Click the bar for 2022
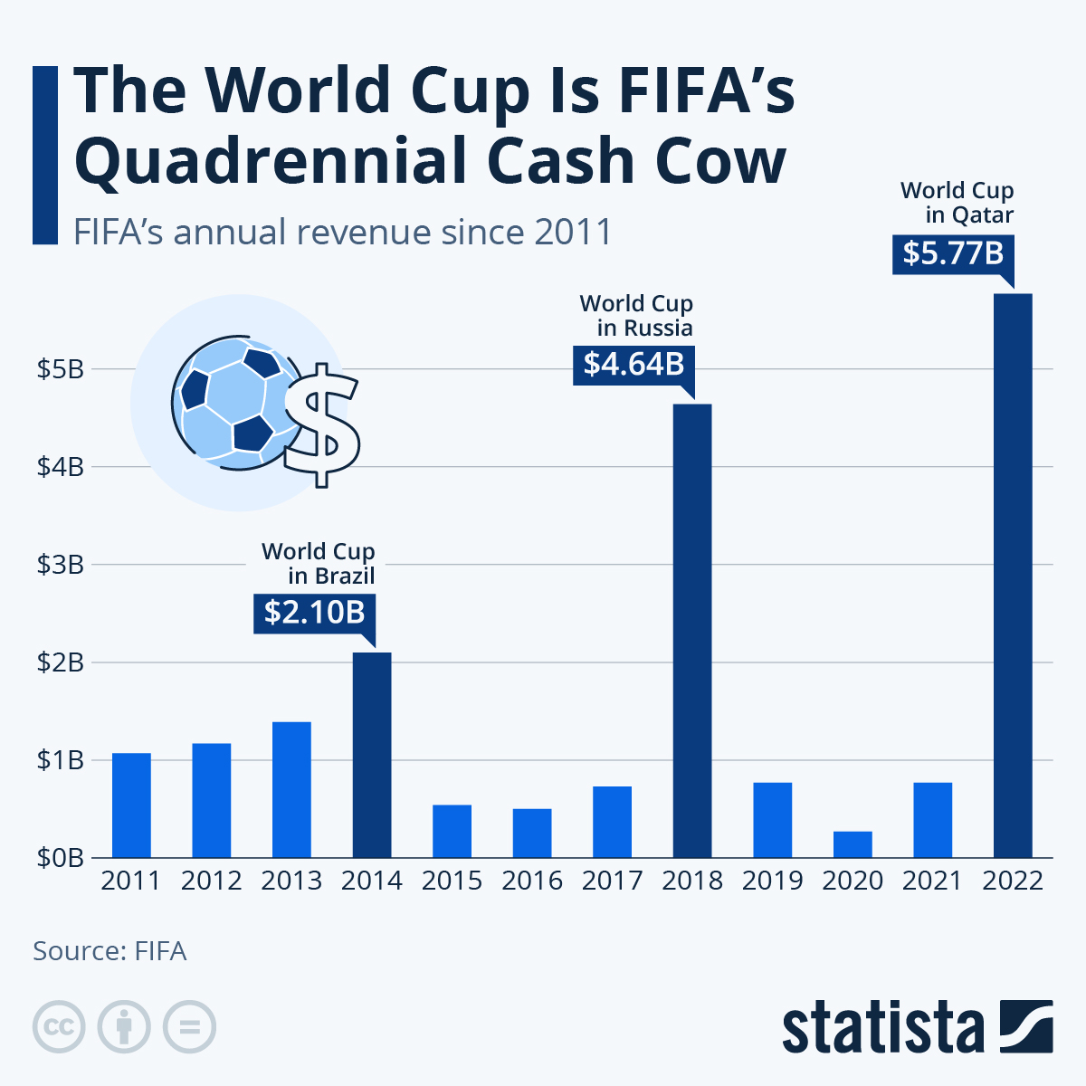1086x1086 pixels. point(1013,576)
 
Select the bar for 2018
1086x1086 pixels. point(692,631)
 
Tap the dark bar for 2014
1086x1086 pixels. point(372,755)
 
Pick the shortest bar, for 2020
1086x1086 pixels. point(853,843)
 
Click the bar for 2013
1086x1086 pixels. point(291,789)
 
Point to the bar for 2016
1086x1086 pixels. point(532,833)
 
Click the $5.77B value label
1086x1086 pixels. point(953,253)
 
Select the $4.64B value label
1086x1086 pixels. point(633,364)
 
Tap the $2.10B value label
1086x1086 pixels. point(314,613)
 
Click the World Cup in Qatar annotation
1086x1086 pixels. point(957,203)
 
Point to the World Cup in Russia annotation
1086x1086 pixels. point(636,315)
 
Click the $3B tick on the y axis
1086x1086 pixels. point(60,565)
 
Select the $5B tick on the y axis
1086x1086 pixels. point(60,369)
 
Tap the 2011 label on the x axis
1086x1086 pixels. point(130,881)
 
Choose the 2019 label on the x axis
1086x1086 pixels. point(772,881)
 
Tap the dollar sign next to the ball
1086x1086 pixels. point(322,425)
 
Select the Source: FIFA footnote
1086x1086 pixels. point(110,951)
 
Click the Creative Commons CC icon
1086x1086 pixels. point(59,1027)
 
